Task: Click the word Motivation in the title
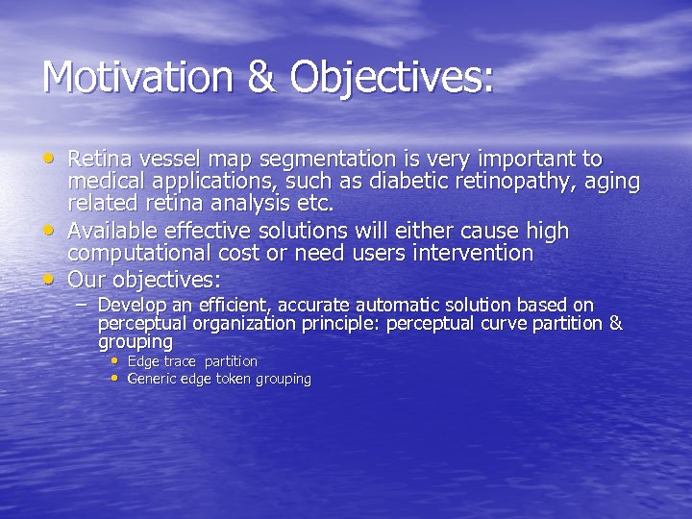136,78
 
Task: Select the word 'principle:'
339,324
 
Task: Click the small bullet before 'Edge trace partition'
116,361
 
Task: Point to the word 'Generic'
152,379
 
